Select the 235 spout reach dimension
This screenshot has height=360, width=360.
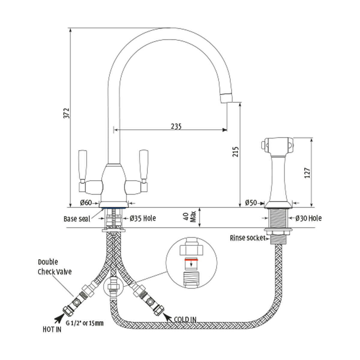(176, 126)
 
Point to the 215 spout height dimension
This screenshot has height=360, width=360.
(236, 152)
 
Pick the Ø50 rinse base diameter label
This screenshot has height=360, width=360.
(251, 203)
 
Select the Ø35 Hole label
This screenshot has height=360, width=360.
(142, 218)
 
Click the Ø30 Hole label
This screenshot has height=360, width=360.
(308, 218)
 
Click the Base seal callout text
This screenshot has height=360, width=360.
(76, 219)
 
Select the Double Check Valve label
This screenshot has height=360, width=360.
(55, 267)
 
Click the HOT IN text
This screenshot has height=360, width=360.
(52, 329)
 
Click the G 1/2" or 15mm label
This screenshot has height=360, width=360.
(85, 323)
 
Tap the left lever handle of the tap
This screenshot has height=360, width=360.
(82, 166)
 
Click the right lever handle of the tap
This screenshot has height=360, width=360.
(143, 166)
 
